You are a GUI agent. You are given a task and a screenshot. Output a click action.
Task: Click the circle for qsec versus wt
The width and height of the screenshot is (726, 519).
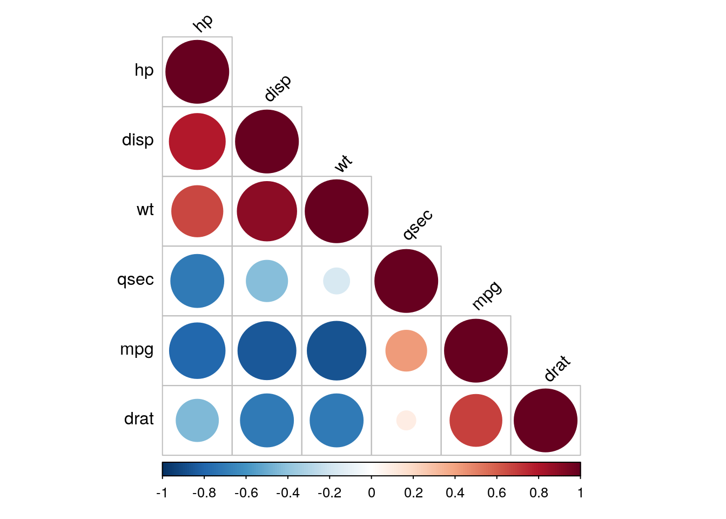click(337, 281)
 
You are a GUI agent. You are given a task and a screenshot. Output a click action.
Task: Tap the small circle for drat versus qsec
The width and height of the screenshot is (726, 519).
click(406, 421)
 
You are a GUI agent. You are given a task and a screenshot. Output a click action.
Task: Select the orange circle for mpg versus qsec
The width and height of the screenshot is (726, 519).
click(406, 351)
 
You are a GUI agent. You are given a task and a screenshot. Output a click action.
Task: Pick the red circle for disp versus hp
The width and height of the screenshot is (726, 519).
click(197, 142)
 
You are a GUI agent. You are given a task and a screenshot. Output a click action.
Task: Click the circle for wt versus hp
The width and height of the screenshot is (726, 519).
click(197, 211)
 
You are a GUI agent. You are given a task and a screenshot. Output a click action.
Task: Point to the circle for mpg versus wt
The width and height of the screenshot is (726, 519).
click(337, 351)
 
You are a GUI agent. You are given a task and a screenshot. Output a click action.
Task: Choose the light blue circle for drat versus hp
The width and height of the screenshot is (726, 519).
click(197, 421)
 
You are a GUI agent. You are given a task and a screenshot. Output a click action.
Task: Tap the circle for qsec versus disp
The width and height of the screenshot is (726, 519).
click(267, 281)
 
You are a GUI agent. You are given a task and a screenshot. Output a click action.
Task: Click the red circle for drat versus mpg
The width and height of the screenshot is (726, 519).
click(476, 421)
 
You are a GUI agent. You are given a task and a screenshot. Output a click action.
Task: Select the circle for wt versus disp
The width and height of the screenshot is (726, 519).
click(267, 211)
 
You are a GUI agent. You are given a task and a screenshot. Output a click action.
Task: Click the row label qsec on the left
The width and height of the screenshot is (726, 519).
click(136, 280)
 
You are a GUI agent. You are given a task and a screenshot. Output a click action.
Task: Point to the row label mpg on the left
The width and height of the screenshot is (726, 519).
click(137, 350)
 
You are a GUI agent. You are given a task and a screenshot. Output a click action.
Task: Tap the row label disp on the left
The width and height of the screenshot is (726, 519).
click(138, 141)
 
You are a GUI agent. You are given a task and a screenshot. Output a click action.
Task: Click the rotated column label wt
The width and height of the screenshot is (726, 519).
click(343, 163)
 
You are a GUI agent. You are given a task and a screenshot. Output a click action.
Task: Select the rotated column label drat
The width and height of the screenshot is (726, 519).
click(557, 368)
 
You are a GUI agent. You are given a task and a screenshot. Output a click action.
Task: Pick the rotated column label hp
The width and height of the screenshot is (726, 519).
click(203, 23)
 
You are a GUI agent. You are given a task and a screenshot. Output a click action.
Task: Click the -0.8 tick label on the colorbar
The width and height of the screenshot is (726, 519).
click(204, 493)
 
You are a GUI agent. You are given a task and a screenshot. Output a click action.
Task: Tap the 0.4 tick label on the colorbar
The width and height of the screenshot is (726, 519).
click(455, 493)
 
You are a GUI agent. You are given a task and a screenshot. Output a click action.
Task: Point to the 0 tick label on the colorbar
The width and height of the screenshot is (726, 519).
click(372, 493)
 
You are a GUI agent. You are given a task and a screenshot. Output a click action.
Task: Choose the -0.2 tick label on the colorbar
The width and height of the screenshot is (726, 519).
click(330, 493)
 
